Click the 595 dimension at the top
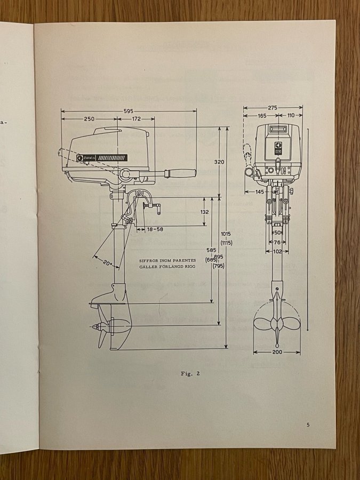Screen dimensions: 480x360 (x=129, y=111)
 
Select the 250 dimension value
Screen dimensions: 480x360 (x=90, y=118)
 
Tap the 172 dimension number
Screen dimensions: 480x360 (x=137, y=118)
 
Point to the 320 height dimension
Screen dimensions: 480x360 (x=218, y=162)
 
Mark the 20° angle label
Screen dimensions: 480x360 (x=107, y=263)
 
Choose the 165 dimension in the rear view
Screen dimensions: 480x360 (x=262, y=115)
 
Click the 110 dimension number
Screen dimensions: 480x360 (x=291, y=115)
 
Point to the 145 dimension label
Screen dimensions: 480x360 (x=260, y=192)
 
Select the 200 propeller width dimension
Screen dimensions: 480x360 (x=277, y=353)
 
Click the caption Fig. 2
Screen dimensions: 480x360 (x=190, y=373)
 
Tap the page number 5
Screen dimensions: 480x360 (x=308, y=425)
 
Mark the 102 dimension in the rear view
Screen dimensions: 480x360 (x=277, y=252)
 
